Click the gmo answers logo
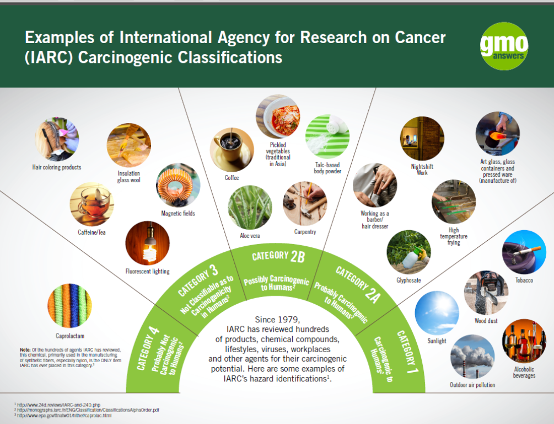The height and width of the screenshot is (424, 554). click(504, 46)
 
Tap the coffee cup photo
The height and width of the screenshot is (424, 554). click(232, 150)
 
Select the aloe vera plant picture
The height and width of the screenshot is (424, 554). click(250, 207)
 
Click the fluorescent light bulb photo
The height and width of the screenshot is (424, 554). click(147, 243)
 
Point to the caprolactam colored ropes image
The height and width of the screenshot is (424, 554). click(69, 305)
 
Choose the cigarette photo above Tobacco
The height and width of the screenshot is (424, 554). click(524, 252)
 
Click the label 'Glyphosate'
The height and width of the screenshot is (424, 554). click(409, 280)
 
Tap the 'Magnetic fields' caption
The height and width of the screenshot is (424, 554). click(178, 214)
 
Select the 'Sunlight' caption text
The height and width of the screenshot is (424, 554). click(437, 341)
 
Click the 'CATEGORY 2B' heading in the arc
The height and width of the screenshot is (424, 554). click(278, 256)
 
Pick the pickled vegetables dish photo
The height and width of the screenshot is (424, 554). click(278, 116)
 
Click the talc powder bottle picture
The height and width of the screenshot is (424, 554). click(327, 136)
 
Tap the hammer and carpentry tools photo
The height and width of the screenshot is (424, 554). click(305, 204)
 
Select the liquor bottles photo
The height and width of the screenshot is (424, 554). click(524, 341)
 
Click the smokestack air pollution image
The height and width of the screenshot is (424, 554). click(472, 357)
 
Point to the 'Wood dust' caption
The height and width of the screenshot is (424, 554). click(486, 321)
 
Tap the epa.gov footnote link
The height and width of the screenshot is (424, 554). click(64, 416)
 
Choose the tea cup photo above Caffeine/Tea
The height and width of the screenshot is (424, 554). click(92, 204)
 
